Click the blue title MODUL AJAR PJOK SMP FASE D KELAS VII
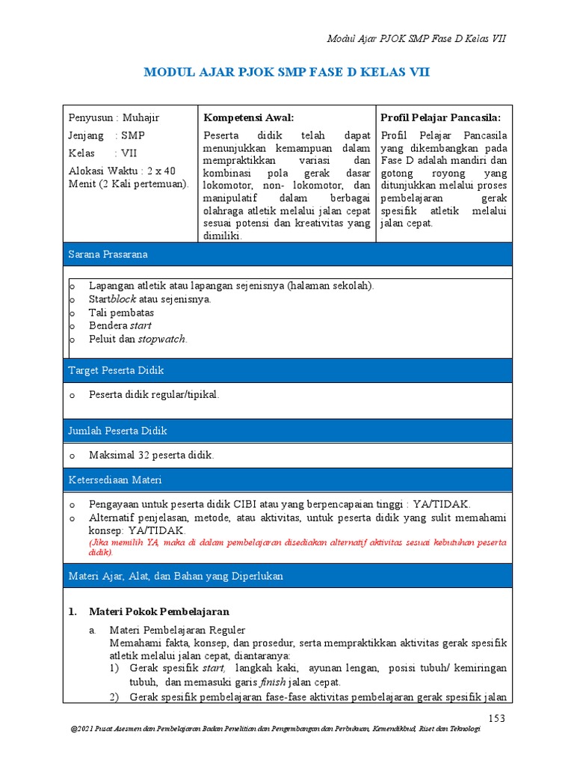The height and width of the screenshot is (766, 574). click(x=286, y=73)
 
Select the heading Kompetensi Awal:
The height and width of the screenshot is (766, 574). click(x=249, y=117)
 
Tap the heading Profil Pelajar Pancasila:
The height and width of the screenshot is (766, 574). click(x=440, y=117)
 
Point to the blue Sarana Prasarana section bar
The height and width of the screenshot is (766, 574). click(x=288, y=254)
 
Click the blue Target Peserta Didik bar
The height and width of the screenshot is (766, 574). click(x=288, y=370)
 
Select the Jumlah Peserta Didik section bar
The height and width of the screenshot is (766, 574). click(x=288, y=431)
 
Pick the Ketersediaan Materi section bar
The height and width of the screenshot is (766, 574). click(x=288, y=479)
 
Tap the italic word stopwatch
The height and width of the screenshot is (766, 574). click(x=162, y=339)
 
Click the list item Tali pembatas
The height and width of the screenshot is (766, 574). click(x=121, y=312)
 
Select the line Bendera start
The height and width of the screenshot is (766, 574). click(x=120, y=325)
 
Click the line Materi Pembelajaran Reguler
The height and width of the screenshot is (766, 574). click(x=177, y=630)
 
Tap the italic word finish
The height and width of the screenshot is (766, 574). click(x=273, y=682)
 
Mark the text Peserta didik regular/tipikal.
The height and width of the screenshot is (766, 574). click(x=154, y=394)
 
